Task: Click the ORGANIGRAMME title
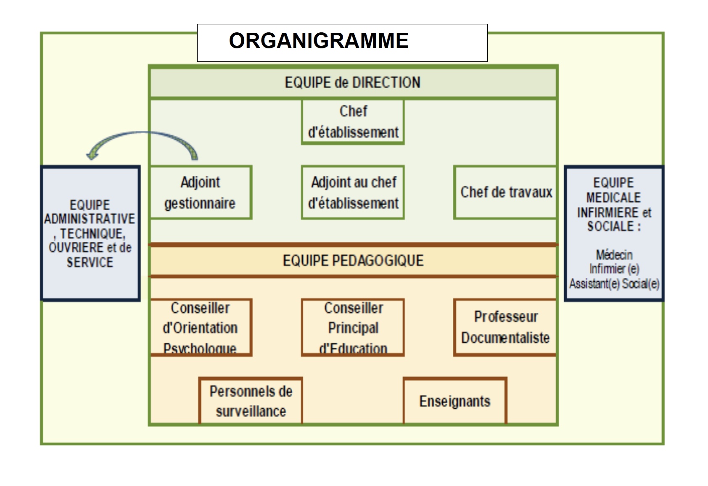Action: click(319, 41)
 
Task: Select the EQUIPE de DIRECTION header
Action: click(352, 82)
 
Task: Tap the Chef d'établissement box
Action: click(353, 122)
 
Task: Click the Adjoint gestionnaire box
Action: click(200, 193)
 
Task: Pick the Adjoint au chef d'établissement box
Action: click(353, 193)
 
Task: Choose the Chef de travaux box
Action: click(506, 192)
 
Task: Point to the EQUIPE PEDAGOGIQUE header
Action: click(353, 261)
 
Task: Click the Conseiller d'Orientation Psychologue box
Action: click(200, 328)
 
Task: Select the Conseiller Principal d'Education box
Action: click(353, 328)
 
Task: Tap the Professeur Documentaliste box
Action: click(505, 328)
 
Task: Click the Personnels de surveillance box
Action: click(251, 401)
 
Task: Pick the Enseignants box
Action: click(455, 401)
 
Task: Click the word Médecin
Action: click(614, 255)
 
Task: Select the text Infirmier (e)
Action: click(614, 269)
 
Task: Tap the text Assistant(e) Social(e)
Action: click(614, 284)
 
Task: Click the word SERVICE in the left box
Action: click(90, 262)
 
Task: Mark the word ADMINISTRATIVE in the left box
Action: click(90, 219)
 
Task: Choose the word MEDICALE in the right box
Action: click(613, 197)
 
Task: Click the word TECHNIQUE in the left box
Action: click(92, 234)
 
